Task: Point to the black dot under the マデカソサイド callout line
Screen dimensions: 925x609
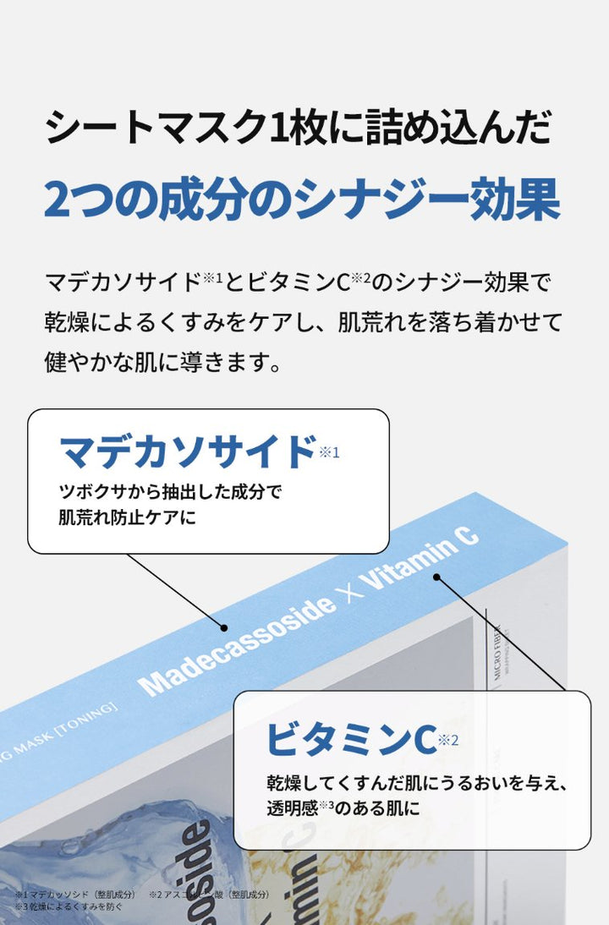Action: click(224, 628)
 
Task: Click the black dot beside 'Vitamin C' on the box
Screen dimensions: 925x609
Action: click(437, 577)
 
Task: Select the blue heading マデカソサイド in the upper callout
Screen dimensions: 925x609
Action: click(188, 452)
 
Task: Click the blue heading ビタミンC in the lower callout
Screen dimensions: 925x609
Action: click(350, 737)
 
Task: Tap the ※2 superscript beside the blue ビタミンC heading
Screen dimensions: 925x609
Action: click(448, 741)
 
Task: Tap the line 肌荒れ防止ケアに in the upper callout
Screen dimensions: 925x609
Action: click(127, 516)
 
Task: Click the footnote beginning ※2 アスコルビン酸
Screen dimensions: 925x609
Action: click(211, 894)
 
